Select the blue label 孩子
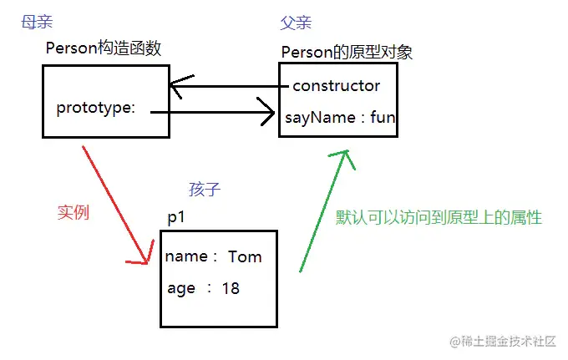(205, 189)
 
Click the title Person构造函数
(104, 48)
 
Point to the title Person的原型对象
(347, 53)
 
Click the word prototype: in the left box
(95, 108)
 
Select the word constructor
(336, 85)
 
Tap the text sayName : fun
(339, 118)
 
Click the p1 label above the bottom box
(176, 217)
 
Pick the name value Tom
(245, 256)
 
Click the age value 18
(231, 288)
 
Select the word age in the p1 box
(181, 288)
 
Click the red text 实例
(73, 212)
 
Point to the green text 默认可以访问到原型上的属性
(439, 217)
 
